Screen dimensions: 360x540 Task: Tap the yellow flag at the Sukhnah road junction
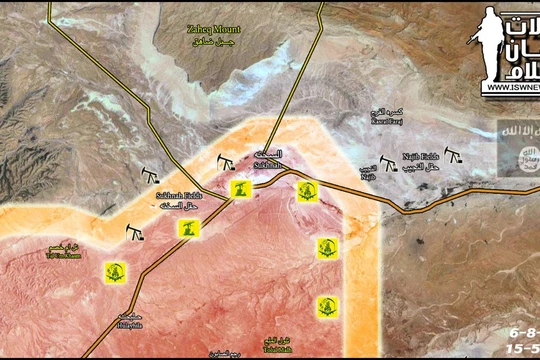238,188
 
